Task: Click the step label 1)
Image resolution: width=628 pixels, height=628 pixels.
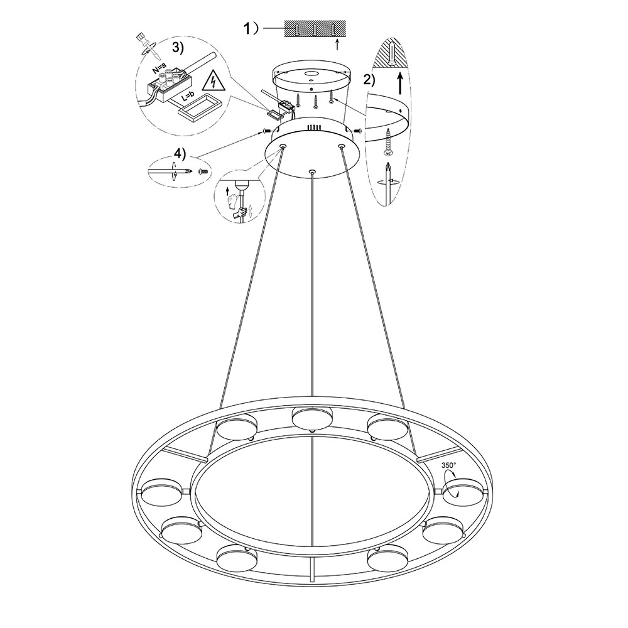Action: click(252, 28)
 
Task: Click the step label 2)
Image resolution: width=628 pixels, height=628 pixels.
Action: click(369, 80)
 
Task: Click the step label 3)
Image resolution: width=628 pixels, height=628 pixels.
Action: click(178, 48)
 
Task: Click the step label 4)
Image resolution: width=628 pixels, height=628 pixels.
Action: click(180, 154)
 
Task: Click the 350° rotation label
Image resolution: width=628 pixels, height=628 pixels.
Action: click(448, 465)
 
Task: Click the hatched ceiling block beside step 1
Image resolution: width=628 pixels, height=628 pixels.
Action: click(315, 29)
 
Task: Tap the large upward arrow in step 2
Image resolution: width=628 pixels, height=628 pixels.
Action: click(400, 83)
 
